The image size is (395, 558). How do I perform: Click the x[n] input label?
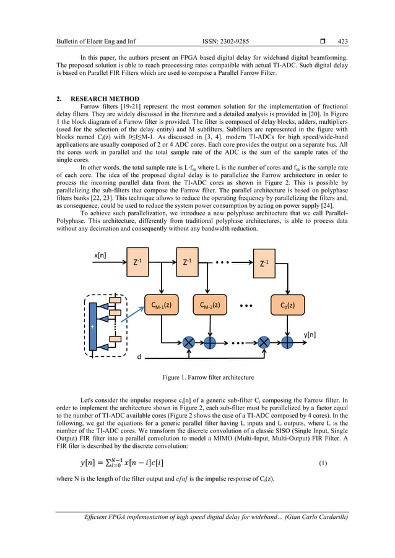tap(101, 255)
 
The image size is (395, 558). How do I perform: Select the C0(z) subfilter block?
tap(287, 305)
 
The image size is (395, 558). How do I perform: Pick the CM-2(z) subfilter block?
tap(209, 305)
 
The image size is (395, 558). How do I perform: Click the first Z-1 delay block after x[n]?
tap(137, 262)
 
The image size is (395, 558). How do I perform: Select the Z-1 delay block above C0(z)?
tap(264, 262)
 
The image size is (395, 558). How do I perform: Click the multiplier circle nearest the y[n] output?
tap(264, 341)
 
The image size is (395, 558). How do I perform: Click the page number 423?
tap(342, 41)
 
